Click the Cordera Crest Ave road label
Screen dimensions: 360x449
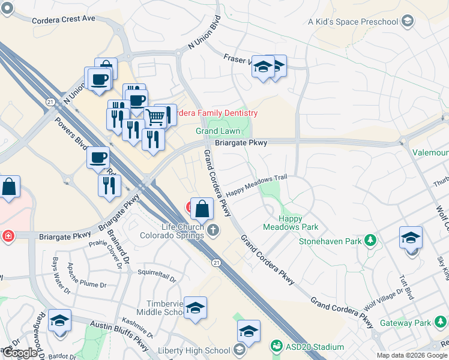tap(64, 19)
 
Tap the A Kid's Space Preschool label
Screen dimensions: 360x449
tap(353, 22)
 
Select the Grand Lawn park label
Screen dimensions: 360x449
tap(218, 131)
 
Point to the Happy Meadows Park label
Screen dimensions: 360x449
tap(291, 223)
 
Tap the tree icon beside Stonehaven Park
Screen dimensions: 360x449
tap(371, 241)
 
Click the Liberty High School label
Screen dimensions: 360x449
tap(194, 350)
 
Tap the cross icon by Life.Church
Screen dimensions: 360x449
tap(214, 229)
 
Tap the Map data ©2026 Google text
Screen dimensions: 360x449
tap(411, 355)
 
